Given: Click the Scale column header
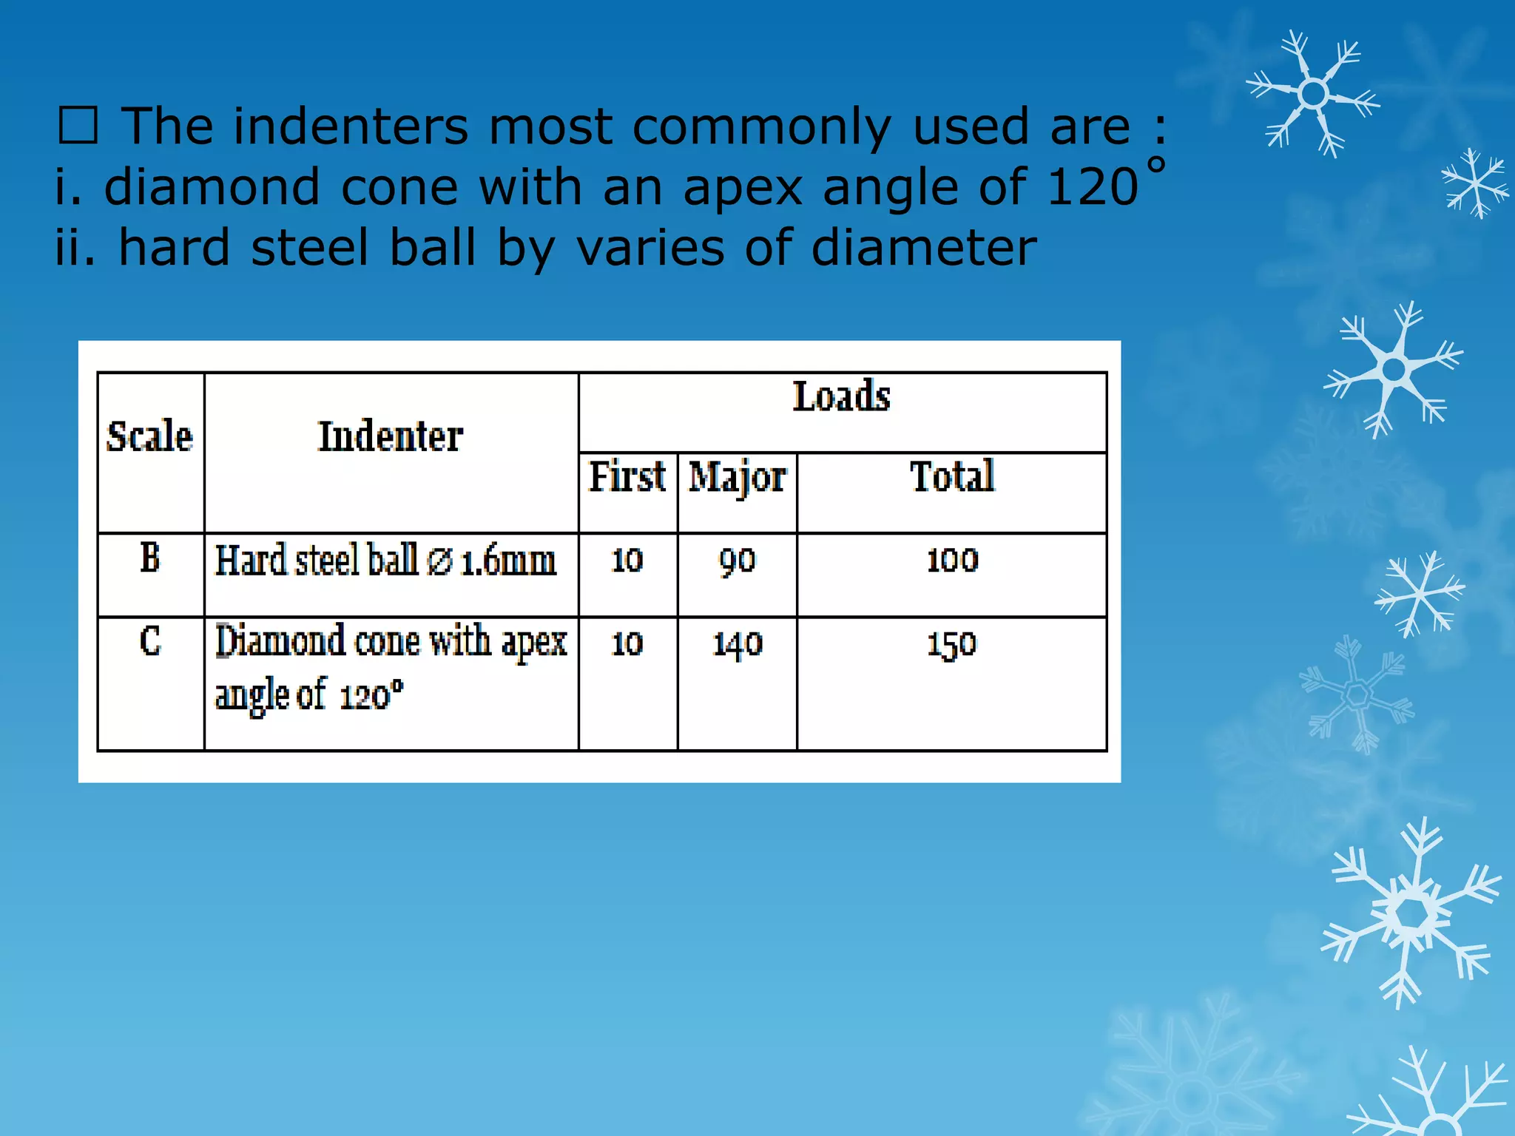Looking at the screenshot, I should (149, 436).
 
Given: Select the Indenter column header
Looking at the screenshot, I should (391, 436).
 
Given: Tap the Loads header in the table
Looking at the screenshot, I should (842, 396).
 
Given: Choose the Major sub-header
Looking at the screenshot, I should (738, 477).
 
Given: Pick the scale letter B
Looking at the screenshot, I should (150, 558).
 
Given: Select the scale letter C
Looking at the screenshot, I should (150, 641).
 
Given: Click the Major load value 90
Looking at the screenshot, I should (738, 561).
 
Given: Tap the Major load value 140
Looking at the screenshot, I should (738, 644).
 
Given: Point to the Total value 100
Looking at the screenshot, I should (952, 560).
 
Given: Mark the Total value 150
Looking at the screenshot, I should (952, 644).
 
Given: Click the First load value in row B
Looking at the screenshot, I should (627, 560).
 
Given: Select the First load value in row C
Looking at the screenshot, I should (627, 643).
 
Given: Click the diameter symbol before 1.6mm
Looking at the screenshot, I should (440, 562).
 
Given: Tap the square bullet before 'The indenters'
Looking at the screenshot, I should (78, 126).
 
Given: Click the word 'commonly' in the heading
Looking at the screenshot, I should (762, 127).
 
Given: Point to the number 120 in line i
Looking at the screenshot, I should (1093, 186).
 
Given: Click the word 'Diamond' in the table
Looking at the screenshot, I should (280, 640).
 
